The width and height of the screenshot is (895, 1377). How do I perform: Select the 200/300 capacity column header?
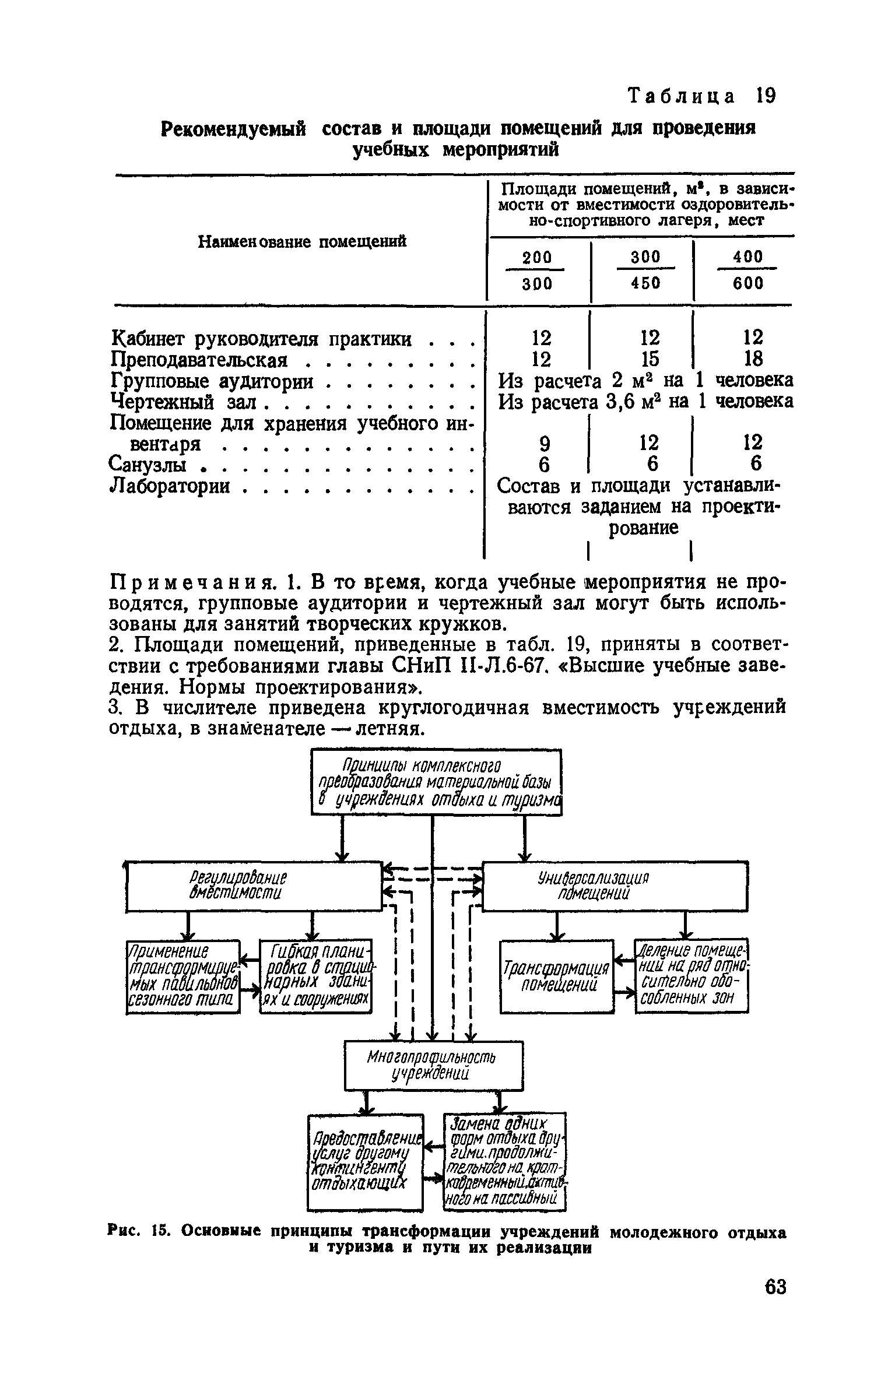(536, 271)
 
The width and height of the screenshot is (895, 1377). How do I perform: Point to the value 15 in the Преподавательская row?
(649, 359)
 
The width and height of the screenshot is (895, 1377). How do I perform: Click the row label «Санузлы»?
(148, 465)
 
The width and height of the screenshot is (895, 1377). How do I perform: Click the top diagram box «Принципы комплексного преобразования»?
(437, 782)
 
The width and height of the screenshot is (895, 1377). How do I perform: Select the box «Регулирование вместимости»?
(254, 886)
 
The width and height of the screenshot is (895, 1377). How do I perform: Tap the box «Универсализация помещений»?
(615, 886)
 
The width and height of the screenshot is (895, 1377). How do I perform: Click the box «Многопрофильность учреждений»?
(433, 1065)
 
